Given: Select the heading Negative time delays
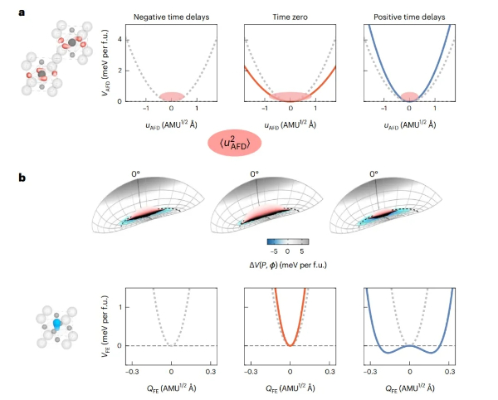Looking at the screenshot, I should point(171,15).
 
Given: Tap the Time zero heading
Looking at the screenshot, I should point(290,15).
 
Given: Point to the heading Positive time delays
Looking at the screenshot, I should point(409,15).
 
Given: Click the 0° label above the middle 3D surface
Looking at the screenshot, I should point(255,174).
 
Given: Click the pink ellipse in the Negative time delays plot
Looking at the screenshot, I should point(172,97).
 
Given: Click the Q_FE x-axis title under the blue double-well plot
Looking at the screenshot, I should point(410,386).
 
